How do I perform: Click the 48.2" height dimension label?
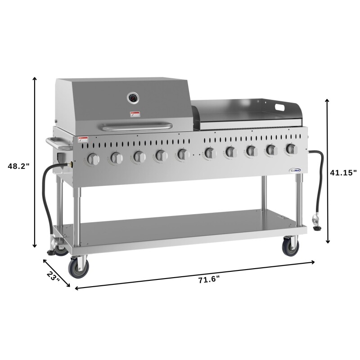point(18,166)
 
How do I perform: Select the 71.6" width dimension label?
point(208,279)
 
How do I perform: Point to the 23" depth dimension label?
point(53,276)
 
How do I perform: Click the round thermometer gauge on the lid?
point(133,97)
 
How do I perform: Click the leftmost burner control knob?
point(93,158)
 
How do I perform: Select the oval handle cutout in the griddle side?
point(280,108)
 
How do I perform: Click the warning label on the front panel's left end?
point(82,140)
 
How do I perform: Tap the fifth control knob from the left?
point(182,154)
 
